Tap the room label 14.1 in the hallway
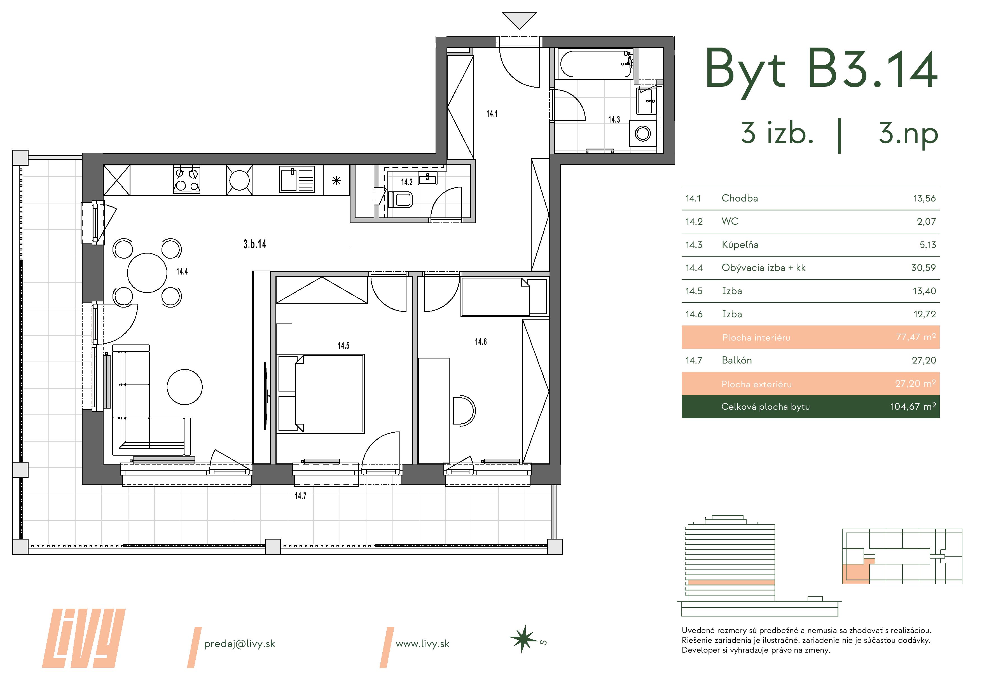coord(492,114)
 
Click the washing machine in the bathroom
coord(642,133)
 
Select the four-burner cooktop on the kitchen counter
coord(186,180)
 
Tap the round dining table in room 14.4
coord(147,273)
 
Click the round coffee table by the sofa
coord(184,387)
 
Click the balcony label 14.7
coord(300,496)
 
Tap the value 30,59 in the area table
coord(923,268)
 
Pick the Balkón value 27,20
coord(924,360)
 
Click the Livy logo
coord(83,638)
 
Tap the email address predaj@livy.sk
coord(240,644)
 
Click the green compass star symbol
coord(523,639)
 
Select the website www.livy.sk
coord(423,644)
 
